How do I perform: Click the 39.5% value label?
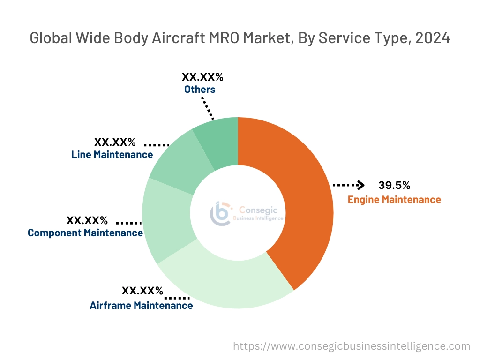394,185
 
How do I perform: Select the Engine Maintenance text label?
394,200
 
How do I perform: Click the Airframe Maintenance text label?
141,306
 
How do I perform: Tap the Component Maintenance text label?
85,233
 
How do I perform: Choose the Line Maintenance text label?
112,154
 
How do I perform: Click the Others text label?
200,89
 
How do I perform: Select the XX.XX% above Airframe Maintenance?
142,291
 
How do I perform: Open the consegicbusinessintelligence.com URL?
352,346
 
